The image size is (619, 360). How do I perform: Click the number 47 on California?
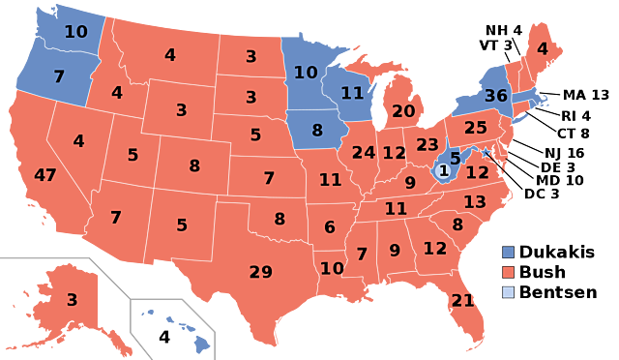[45, 175]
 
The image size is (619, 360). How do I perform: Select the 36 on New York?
[495, 96]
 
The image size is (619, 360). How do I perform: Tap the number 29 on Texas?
[260, 272]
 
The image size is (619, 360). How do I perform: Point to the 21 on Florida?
[462, 300]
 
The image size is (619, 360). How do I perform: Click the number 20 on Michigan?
[403, 111]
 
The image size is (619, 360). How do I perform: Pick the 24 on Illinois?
[364, 152]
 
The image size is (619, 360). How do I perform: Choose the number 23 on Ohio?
[427, 144]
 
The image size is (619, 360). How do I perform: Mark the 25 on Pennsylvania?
[475, 127]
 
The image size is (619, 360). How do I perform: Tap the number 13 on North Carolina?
[474, 201]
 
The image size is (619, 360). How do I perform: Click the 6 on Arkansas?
[330, 226]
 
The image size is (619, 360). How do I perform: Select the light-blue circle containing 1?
[444, 171]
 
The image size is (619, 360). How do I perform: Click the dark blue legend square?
[508, 252]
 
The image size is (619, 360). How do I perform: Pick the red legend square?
[508, 272]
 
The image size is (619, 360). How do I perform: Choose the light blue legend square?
[508, 292]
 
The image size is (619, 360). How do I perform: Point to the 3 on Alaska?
[72, 300]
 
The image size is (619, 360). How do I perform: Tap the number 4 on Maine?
[542, 48]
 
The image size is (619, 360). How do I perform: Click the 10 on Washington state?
[75, 32]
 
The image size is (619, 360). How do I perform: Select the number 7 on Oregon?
[59, 75]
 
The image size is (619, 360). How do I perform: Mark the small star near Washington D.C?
[486, 152]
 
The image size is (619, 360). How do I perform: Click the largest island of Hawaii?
[200, 342]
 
